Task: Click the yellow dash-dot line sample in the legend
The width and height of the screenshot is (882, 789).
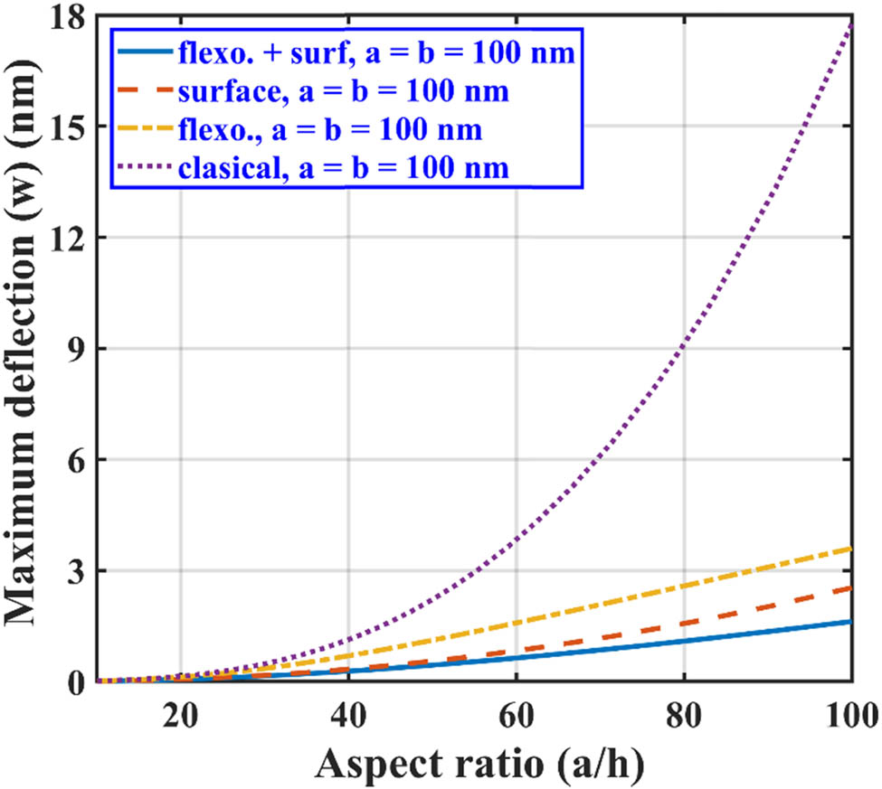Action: point(143,130)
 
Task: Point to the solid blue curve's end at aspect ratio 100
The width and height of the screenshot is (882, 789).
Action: point(850,622)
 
